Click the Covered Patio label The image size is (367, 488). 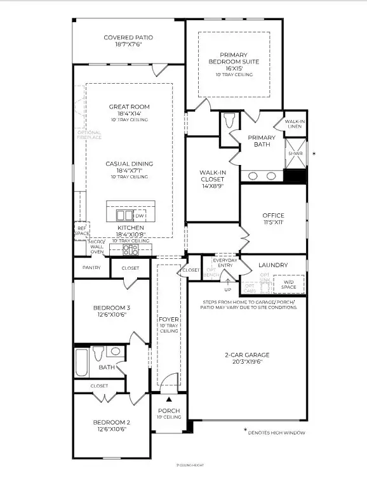tap(128, 37)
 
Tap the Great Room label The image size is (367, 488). tap(129, 107)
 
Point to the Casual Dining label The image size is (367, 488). tap(129, 164)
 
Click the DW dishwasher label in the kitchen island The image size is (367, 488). tap(139, 216)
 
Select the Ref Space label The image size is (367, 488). tap(81, 230)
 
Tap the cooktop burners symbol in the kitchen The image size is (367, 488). tap(131, 249)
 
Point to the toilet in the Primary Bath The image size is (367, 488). tap(230, 121)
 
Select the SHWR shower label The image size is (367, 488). tap(295, 154)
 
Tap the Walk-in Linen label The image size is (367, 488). tap(294, 124)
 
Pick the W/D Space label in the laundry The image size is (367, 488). tap(288, 284)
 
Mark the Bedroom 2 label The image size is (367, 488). tap(111, 422)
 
